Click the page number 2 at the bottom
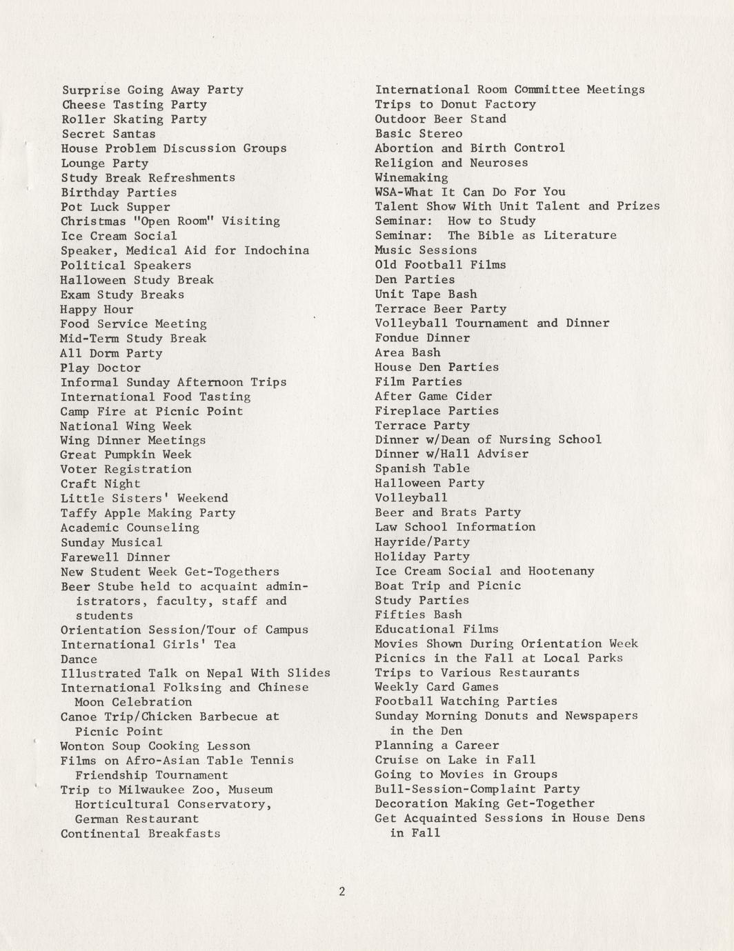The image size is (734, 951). [x=341, y=891]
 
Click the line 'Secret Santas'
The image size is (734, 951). [x=108, y=134]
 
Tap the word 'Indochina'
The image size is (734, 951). [x=276, y=250]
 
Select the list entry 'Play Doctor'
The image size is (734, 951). [x=100, y=368]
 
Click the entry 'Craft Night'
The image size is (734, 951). [x=100, y=484]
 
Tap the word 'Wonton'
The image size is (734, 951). [x=82, y=746]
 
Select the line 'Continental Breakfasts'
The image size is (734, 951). [x=141, y=834]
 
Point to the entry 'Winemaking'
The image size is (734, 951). [x=411, y=177]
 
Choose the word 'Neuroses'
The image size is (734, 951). [x=499, y=163]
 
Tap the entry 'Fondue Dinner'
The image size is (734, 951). [x=422, y=338]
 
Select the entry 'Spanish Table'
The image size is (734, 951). [x=422, y=469]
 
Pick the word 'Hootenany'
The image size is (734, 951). [x=561, y=571]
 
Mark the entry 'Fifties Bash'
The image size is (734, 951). [x=419, y=614]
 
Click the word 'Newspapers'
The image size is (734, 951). [x=601, y=716]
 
